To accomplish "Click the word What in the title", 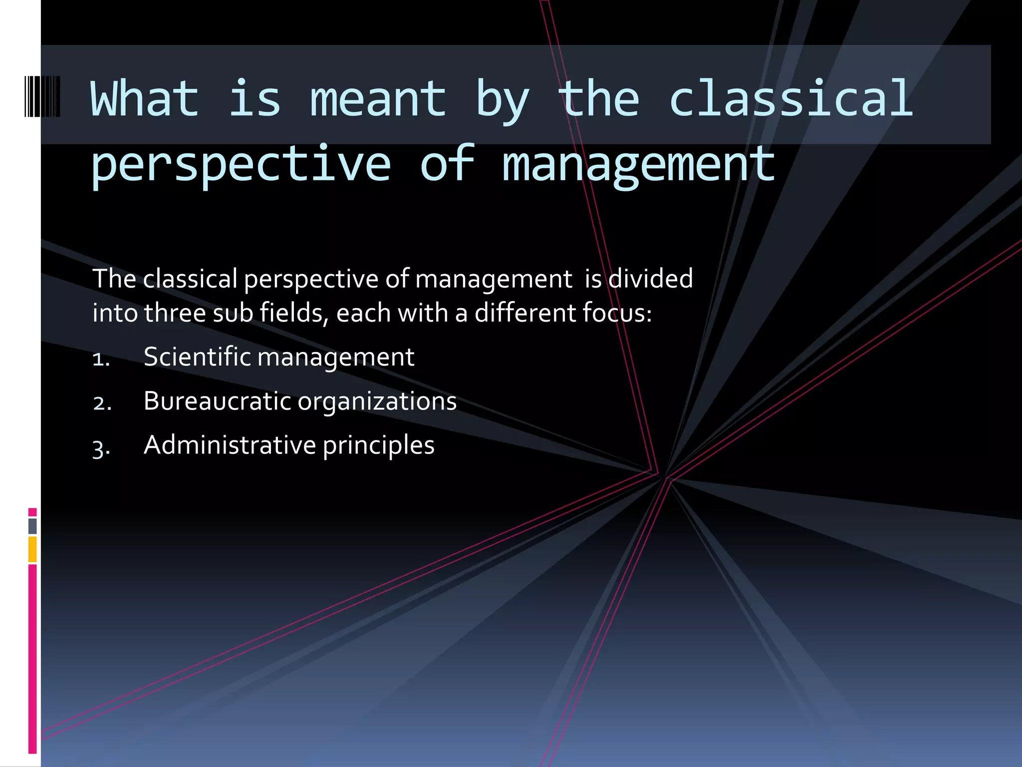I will pos(145,99).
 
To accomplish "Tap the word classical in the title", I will pos(791,99).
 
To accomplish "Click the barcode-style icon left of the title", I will pos(42,97).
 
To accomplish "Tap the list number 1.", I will pos(101,359).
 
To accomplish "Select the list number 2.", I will pos(102,403).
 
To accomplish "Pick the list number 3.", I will pos(101,447).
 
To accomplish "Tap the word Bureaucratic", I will pos(217,401).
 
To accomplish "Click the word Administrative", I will pos(230,445).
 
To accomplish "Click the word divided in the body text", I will pos(651,278).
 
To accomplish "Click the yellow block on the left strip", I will pos(32,549).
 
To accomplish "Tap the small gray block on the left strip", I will pos(32,526).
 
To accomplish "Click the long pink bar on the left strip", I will pos(32,659).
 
